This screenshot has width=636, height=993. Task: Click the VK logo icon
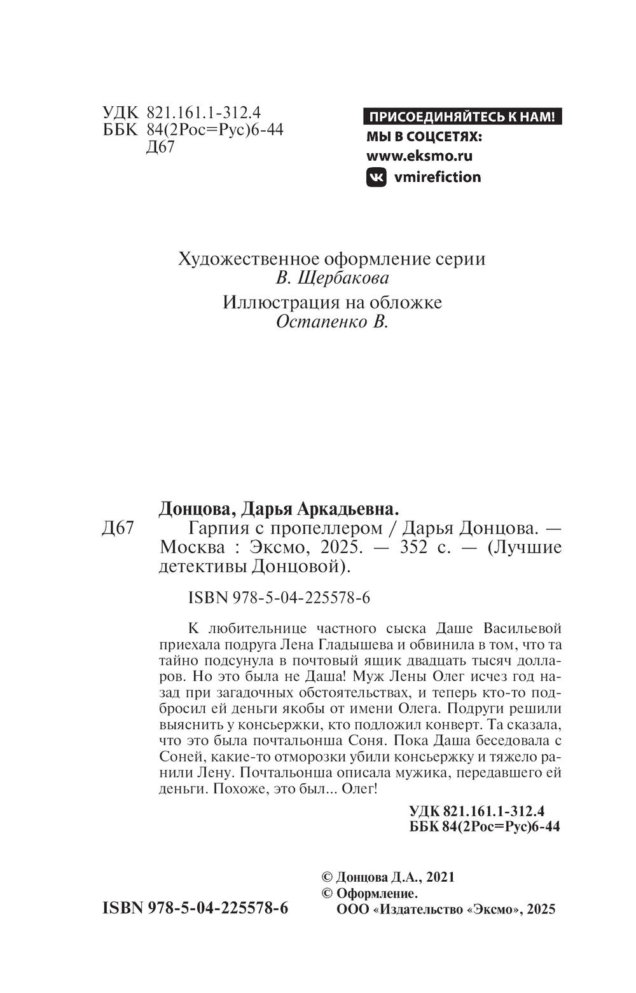[x=377, y=177]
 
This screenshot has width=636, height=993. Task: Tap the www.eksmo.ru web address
[x=419, y=156]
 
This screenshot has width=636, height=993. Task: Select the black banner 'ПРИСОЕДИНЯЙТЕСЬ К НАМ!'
[x=462, y=117]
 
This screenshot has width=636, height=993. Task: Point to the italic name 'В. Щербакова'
[x=333, y=278]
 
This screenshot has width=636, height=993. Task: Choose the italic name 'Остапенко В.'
[x=332, y=322]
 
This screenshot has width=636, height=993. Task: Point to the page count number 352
[x=414, y=547]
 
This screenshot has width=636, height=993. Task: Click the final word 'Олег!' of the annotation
[x=359, y=790]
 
